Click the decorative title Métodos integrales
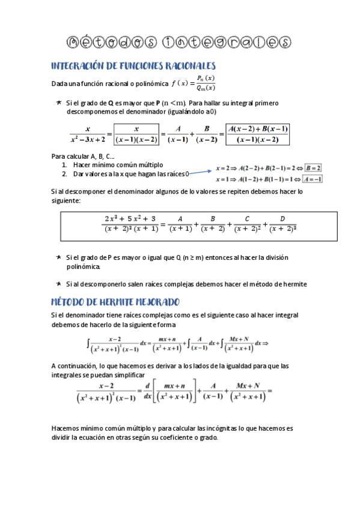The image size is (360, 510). point(178,41)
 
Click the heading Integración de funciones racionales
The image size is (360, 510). point(133,66)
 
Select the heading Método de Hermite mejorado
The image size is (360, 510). point(115,301)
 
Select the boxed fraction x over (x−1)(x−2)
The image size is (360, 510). point(136,134)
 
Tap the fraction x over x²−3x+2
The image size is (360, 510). point(88,134)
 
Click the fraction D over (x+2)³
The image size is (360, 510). point(282,223)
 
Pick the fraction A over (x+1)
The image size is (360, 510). point(180,223)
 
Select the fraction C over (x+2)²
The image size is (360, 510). point(248,223)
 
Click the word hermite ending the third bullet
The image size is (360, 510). point(293,284)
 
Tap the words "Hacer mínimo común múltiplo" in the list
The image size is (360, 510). point(118,165)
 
